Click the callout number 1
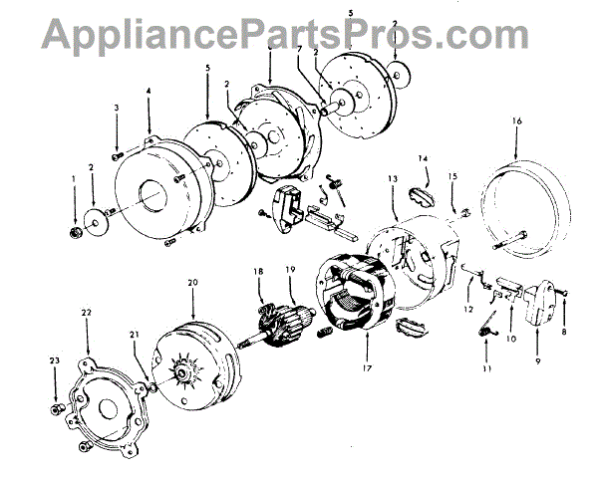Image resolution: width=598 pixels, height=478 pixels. (73, 179)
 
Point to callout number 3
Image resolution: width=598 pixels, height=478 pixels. (117, 108)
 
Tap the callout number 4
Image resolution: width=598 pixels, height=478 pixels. (149, 93)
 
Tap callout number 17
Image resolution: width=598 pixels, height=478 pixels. (367, 366)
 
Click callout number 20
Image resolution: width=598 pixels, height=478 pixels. (191, 284)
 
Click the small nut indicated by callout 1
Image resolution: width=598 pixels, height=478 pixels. (77, 233)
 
